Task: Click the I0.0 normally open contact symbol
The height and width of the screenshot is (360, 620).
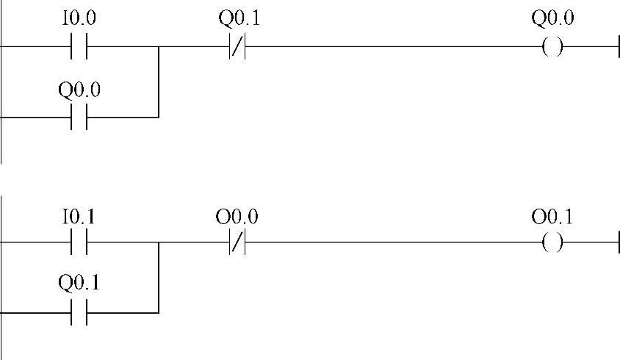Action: coord(79,48)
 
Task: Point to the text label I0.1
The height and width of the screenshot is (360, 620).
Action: coord(78,217)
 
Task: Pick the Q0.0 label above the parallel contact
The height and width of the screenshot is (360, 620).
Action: coord(79,91)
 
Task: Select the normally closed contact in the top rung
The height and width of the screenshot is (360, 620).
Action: coord(237,48)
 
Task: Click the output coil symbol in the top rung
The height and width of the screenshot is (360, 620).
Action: coord(552,48)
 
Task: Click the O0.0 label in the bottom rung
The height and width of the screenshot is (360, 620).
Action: coord(237,217)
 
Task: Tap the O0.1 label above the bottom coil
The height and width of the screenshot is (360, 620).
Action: coord(552,217)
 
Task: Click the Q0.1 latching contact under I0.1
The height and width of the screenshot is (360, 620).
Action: coord(79,312)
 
